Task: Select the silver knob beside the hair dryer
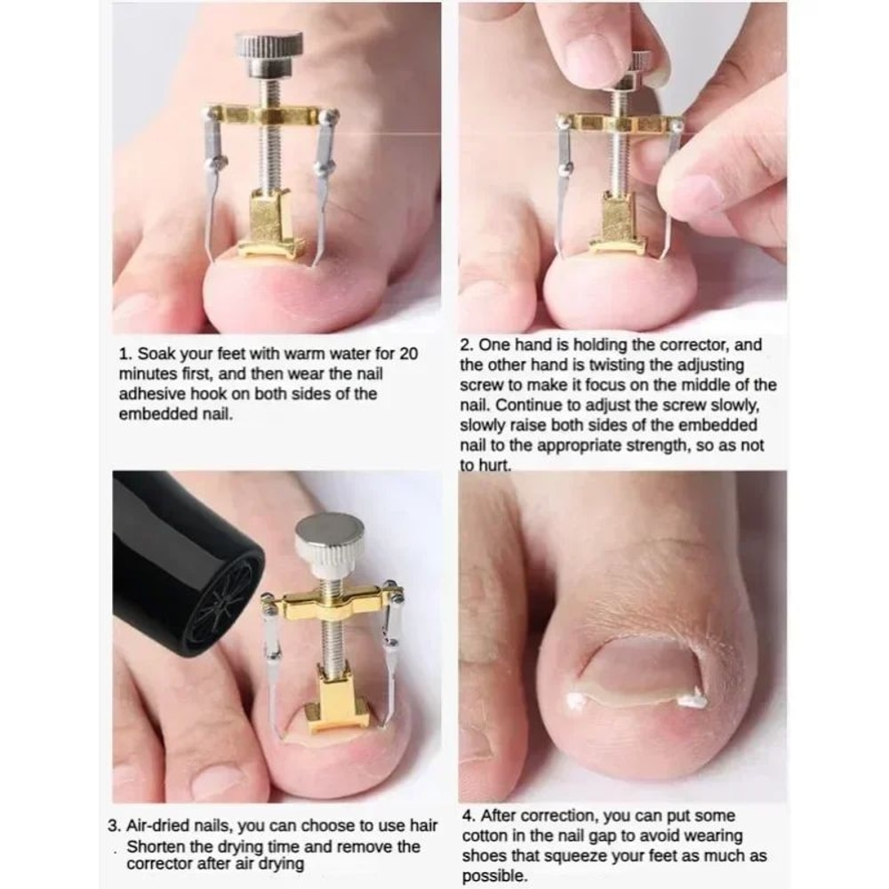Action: (329, 539)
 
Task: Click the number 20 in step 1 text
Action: (408, 354)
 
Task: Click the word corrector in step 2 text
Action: (686, 345)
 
